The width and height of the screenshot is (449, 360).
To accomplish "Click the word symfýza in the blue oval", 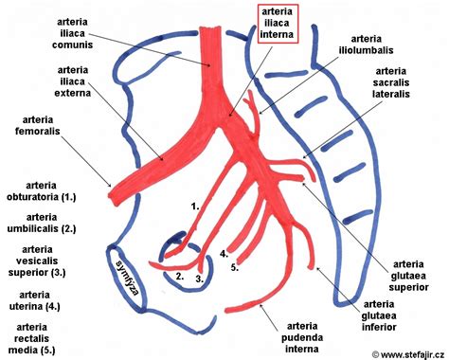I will pos(127,276).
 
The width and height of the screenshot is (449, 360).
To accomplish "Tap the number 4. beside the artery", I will pos(224,254).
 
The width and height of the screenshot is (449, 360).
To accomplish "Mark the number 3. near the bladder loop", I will pos(199,279).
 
